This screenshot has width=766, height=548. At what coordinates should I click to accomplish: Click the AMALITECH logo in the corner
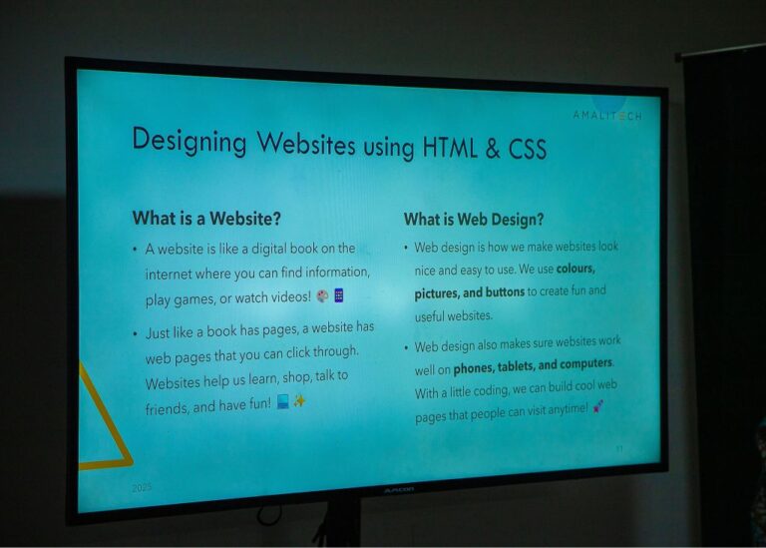pos(607,116)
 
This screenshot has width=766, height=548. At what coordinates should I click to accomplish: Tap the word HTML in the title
pos(450,147)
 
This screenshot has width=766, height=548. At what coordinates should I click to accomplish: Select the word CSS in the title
pos(527,149)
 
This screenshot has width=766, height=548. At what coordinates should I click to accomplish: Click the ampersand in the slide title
pos(493,148)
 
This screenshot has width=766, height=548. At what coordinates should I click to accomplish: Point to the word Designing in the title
pos(190,141)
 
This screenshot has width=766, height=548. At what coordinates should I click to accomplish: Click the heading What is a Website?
pos(206,218)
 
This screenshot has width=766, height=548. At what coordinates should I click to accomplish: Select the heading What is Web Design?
pos(474,219)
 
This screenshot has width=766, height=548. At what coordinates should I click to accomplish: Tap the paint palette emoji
pos(322,295)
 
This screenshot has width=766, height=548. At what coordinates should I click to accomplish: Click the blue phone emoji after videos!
pos(338,295)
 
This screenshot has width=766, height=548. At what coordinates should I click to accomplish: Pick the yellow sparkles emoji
pos(299,401)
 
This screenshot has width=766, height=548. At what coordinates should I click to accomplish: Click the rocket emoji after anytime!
pos(598,406)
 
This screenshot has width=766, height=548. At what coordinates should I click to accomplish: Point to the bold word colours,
pos(575,269)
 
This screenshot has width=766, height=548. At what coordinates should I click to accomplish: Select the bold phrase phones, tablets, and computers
pos(533,366)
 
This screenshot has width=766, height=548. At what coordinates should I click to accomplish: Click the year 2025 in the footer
pos(142,487)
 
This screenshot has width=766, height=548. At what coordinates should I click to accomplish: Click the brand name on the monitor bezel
pos(398,490)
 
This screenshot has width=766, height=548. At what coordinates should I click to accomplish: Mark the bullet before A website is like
pos(135,250)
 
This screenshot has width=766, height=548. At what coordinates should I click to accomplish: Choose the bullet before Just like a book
pos(135,334)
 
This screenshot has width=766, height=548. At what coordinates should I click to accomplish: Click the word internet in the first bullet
pos(169,274)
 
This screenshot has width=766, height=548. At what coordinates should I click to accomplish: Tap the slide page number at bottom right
pos(619,448)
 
